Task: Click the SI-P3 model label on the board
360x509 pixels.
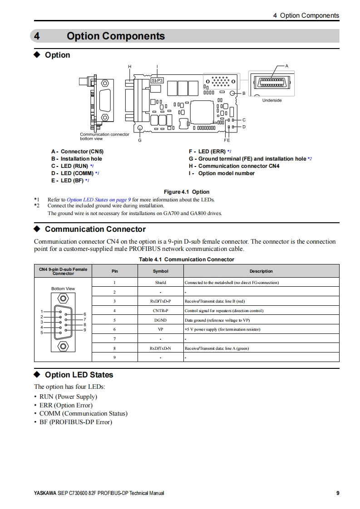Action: coord(157,80)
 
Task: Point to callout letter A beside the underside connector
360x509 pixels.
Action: coord(286,66)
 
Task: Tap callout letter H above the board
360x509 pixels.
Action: coord(129,67)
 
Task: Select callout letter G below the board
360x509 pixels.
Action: coord(140,140)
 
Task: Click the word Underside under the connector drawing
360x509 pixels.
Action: coord(272,100)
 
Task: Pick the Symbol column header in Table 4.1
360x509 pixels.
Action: coord(160,271)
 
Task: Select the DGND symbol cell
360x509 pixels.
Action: coord(160,320)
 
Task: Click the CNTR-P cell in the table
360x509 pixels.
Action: coord(160,311)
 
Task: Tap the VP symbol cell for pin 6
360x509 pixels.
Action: coord(160,329)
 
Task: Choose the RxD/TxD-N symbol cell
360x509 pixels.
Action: coord(160,348)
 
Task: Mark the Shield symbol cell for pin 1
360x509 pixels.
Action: coord(160,283)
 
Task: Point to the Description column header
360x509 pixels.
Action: coord(261,271)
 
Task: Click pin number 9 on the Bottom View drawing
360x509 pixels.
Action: coord(85,330)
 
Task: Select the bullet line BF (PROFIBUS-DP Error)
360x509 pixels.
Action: coord(75,422)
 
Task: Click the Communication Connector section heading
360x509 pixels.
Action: coord(95,229)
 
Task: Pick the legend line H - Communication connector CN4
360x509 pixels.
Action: coord(234,166)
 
